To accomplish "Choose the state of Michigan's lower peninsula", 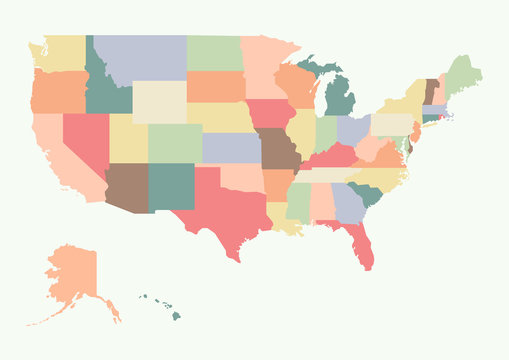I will coord(340,100).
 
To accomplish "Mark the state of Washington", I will coord(60,52).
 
